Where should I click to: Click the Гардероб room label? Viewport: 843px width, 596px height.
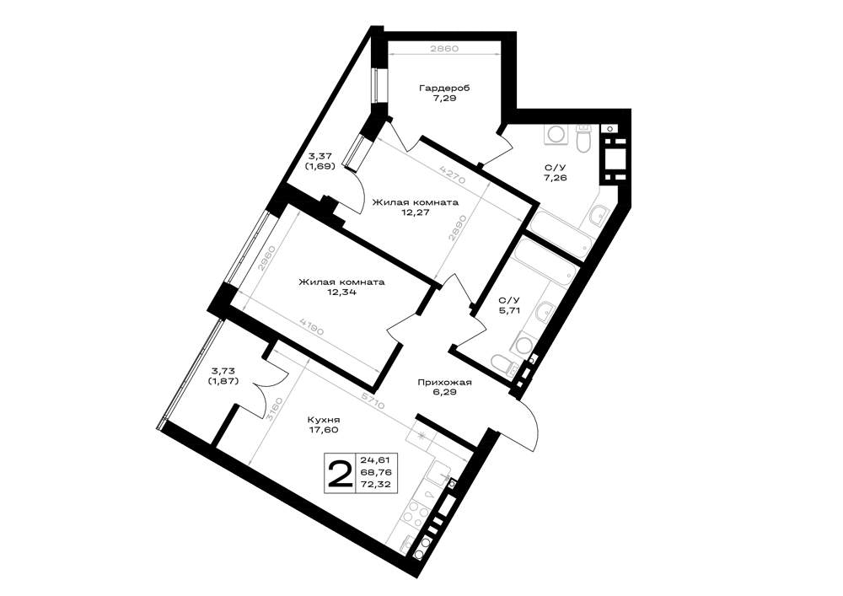click(444, 89)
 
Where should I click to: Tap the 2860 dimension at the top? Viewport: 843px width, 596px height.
click(444, 48)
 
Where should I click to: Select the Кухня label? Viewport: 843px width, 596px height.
click(324, 420)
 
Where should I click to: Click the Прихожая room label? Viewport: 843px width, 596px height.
click(444, 382)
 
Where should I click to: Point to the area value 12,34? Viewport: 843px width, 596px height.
click(341, 293)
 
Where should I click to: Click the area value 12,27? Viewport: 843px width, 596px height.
click(416, 212)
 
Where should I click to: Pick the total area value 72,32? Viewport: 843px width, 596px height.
click(376, 485)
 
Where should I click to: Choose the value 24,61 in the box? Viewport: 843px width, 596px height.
click(376, 460)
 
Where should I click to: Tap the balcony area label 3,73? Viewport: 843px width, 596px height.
click(222, 371)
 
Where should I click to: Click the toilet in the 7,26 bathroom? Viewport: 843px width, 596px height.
click(583, 138)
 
